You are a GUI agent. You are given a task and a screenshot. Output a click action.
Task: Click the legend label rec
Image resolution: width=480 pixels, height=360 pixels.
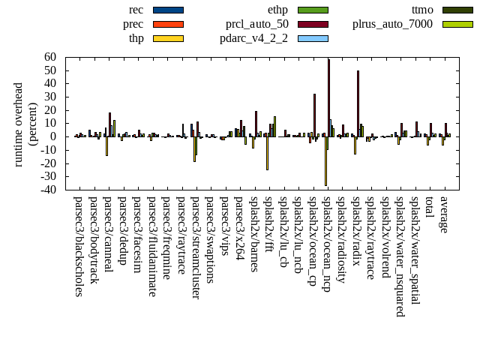[136, 10]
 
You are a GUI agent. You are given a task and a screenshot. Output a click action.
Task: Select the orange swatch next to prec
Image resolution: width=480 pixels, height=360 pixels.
[168, 24]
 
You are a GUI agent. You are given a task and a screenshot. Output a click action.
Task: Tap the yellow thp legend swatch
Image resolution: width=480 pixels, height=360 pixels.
[168, 38]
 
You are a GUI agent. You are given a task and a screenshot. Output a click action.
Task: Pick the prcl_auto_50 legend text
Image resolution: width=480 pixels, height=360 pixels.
[257, 24]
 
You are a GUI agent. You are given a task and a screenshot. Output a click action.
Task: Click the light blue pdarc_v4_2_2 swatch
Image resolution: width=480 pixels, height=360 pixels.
[313, 38]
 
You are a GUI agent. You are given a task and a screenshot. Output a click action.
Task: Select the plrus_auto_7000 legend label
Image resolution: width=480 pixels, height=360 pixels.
[392, 24]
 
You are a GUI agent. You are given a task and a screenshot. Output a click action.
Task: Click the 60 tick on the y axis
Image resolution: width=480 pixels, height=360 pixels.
[50, 57]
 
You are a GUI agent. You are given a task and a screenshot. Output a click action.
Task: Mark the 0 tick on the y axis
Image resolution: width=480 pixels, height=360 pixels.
[53, 136]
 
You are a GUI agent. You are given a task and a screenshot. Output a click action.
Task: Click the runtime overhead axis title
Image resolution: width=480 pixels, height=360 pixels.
[25, 124]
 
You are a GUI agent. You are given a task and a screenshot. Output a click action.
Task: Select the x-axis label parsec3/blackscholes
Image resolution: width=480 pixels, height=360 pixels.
[79, 246]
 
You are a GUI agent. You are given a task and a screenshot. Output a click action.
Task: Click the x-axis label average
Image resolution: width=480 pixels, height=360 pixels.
[443, 214]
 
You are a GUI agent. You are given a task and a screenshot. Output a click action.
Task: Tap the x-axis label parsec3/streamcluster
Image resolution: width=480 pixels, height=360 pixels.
[196, 247]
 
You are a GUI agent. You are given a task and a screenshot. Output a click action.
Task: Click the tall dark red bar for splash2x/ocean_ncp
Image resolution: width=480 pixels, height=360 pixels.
[328, 97]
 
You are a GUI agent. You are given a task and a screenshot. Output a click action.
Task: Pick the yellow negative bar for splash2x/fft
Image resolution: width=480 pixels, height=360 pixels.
[267, 153]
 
